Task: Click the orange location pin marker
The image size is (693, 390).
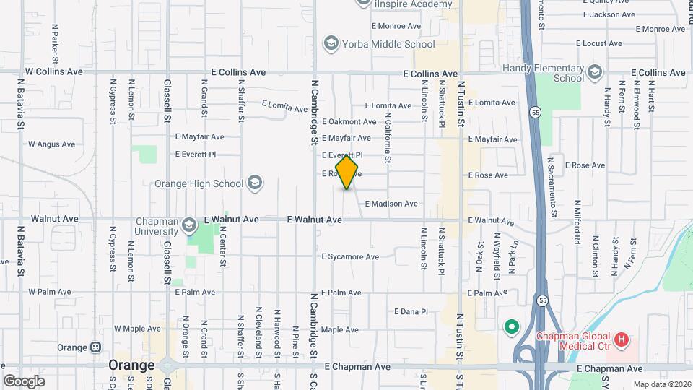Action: tap(347, 173)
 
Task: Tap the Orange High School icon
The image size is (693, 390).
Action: tap(254, 183)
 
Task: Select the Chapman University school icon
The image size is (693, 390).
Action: tap(188, 224)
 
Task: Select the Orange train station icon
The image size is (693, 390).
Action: tap(95, 347)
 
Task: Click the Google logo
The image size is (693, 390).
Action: tap(24, 381)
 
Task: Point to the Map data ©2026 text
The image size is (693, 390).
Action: tap(662, 383)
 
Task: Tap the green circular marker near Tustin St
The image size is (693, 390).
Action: tap(512, 328)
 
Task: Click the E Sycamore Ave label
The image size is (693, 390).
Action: tap(350, 256)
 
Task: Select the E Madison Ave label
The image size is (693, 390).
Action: tap(391, 204)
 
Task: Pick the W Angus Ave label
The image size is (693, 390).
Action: tap(51, 144)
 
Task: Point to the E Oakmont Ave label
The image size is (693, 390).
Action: tap(349, 122)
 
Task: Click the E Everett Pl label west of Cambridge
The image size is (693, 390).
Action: tap(196, 155)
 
